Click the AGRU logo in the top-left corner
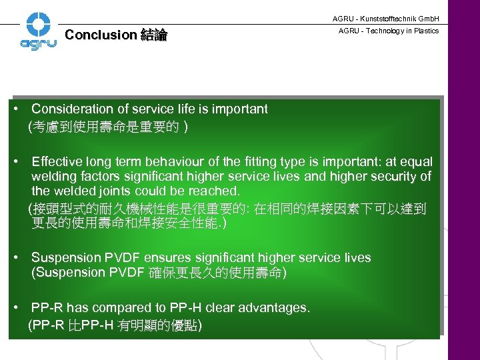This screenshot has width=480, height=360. coord(38,31)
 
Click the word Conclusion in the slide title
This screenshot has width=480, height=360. coord(100,35)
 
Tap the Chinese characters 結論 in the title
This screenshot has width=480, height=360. coord(153,35)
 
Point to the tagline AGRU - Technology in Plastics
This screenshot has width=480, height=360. coord(389,31)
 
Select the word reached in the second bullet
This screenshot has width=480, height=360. coord(215,191)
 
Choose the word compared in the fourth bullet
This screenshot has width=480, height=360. coord(117,307)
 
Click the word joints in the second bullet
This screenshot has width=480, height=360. coord(118,191)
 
